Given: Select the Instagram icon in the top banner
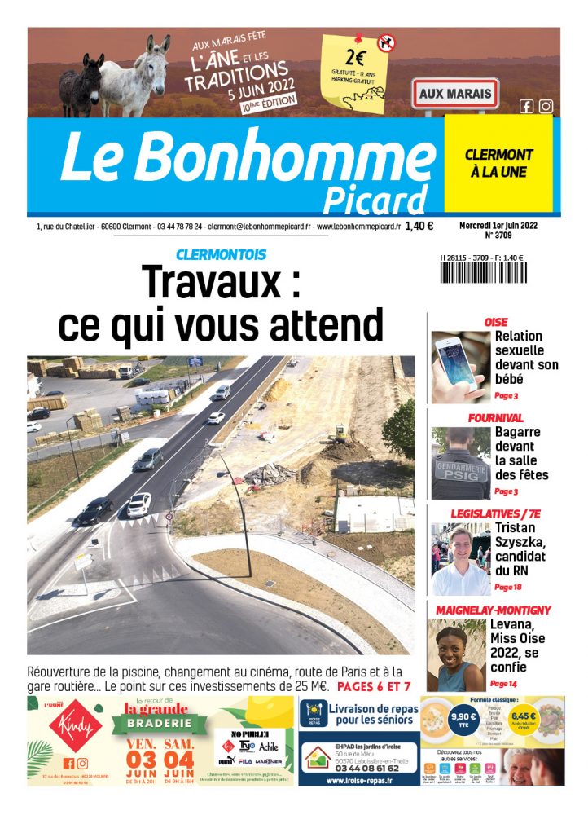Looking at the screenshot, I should (546, 106).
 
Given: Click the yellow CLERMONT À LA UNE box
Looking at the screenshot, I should (498, 163).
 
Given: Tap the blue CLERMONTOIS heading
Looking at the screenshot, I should (221, 255).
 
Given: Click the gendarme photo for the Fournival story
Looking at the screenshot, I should (460, 463).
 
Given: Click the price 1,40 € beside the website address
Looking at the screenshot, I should (419, 227).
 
